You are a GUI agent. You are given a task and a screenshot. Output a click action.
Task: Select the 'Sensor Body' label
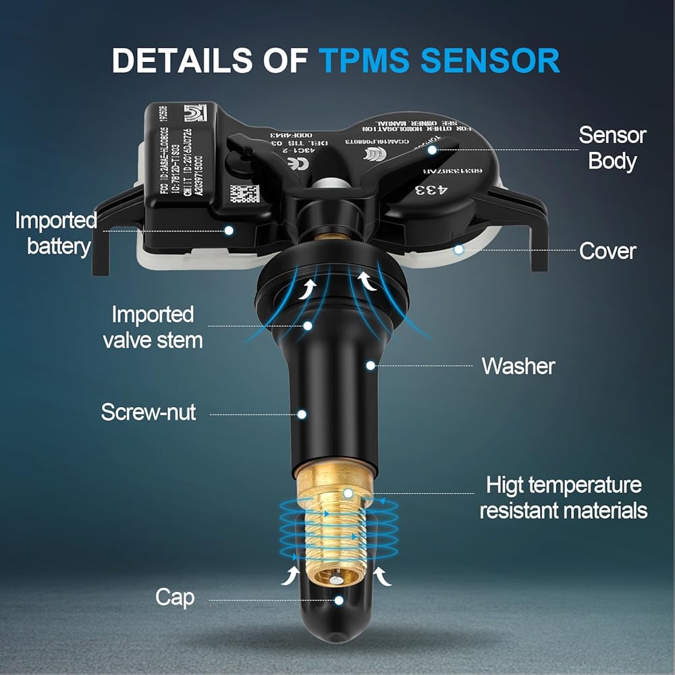[612, 148]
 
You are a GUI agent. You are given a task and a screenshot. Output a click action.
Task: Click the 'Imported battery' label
[57, 233]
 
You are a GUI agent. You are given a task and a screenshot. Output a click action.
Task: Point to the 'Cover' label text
[607, 251]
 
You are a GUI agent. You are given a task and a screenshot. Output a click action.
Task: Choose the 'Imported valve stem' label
[153, 327]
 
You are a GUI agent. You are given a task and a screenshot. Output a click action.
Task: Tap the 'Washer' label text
[518, 367]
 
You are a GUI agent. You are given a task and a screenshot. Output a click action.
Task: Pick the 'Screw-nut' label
[148, 412]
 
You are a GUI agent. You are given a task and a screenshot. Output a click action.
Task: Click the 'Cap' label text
[175, 597]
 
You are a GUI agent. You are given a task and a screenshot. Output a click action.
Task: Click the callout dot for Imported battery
[229, 230]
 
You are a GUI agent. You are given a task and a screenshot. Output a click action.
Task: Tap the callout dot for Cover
[458, 250]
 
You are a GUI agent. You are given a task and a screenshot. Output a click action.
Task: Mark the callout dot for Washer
[371, 365]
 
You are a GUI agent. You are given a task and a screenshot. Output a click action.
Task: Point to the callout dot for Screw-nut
[303, 413]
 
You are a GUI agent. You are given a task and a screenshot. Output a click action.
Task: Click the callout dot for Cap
[339, 599]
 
